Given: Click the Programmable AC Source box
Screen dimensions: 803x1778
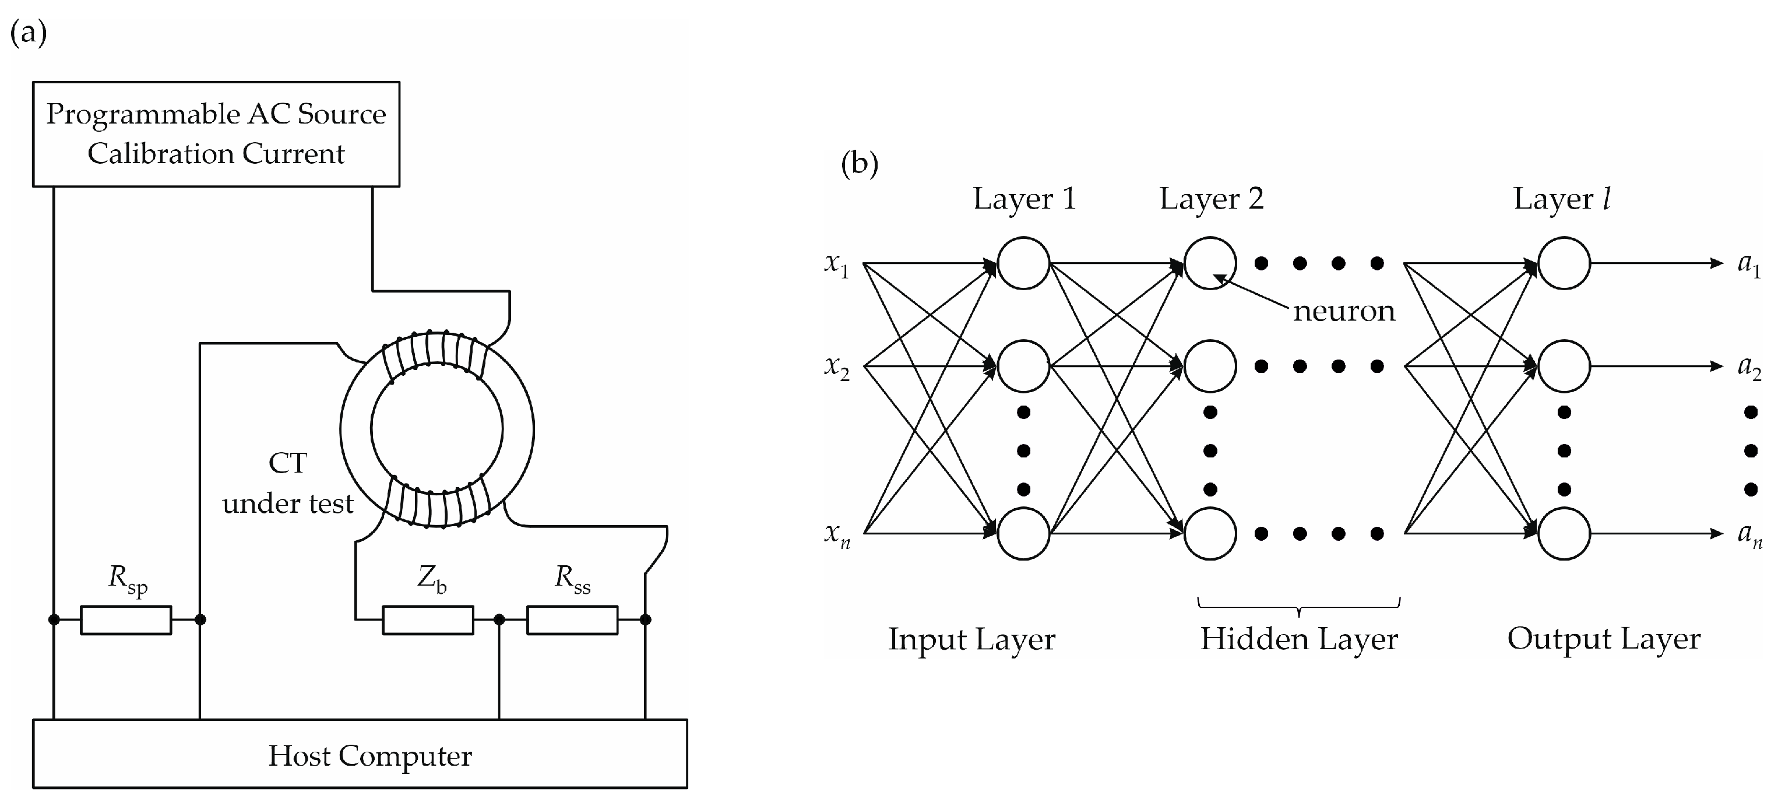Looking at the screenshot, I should [x=216, y=134].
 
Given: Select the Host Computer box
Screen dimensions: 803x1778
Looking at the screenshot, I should [x=360, y=754].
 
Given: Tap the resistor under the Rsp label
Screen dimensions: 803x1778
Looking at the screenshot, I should [x=126, y=619].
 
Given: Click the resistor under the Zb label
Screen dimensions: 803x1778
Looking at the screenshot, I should [x=428, y=619].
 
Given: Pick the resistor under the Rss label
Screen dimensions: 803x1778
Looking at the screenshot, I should [x=572, y=619].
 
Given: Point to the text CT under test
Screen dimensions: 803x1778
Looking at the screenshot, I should [x=288, y=482].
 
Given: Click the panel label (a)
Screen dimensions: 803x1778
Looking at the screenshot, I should [x=29, y=33].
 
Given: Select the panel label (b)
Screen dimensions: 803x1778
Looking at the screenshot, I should [x=860, y=164].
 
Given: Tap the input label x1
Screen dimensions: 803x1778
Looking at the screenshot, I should [x=836, y=265].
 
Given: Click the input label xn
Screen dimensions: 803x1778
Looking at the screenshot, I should [x=836, y=534].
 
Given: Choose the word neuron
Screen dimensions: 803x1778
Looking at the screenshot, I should [x=1344, y=311].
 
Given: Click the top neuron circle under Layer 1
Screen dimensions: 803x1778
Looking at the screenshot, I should [x=1023, y=263].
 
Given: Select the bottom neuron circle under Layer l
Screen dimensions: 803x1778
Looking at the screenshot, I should [x=1564, y=533].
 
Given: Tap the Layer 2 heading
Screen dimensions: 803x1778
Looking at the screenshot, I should [x=1212, y=199].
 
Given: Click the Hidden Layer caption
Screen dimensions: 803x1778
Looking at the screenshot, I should [x=1299, y=639].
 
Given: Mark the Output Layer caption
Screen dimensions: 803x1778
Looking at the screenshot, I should [x=1603, y=639].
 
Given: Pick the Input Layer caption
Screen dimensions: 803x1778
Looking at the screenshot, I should [x=971, y=639].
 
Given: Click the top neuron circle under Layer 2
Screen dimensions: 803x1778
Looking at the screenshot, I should [x=1210, y=263].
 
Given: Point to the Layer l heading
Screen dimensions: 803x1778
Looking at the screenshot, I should [x=1562, y=199].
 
